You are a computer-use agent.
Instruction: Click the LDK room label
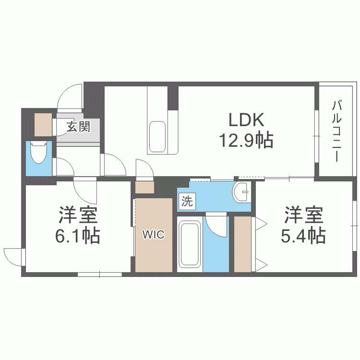point(246,120)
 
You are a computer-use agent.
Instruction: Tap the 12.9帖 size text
point(246,140)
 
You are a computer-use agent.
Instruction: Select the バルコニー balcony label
point(336,131)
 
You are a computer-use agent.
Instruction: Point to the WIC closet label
point(154,235)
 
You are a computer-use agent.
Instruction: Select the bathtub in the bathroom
point(190,244)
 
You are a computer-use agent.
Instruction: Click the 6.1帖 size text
point(79,235)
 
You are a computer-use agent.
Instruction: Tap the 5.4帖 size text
point(303,235)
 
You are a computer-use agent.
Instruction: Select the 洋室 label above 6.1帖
point(79,215)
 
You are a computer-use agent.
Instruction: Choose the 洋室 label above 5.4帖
point(303,215)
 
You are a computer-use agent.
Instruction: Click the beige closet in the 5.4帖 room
point(242,244)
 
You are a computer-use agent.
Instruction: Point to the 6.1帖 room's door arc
point(85,190)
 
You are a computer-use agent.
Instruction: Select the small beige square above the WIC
point(144,188)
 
